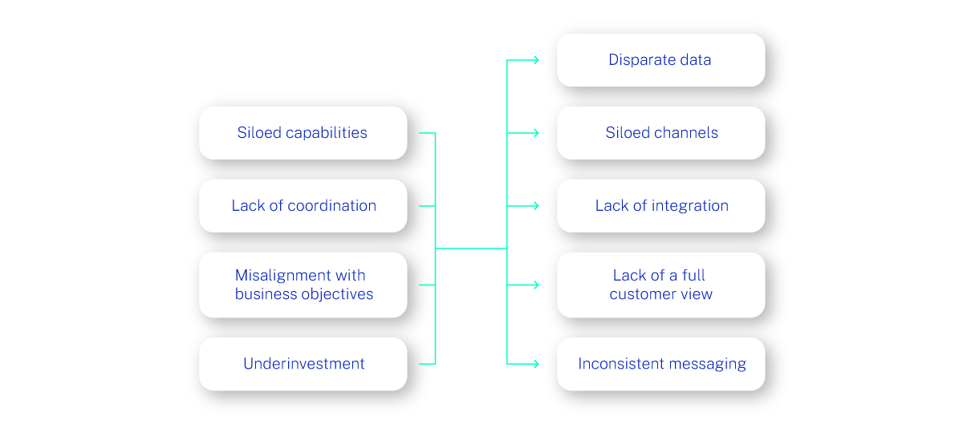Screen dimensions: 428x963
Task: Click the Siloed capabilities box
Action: coord(303,133)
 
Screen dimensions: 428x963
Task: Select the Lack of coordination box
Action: coord(303,206)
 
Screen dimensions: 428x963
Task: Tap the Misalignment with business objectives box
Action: coord(303,285)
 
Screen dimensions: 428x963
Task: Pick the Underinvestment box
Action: coord(303,364)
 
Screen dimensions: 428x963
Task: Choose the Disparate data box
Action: coord(660,60)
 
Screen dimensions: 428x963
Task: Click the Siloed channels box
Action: coord(660,133)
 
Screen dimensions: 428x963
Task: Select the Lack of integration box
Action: coord(660,206)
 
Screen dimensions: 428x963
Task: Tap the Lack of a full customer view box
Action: coord(660,285)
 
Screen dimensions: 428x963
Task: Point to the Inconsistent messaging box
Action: coord(660,364)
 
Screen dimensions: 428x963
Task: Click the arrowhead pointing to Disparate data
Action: coord(535,60)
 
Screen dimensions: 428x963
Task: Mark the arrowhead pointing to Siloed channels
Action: coord(535,133)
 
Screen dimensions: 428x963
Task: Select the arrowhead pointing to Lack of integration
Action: coord(535,206)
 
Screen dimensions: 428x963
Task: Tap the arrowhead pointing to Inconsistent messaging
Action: coord(535,364)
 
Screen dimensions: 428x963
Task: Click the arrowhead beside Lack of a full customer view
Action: coord(535,285)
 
